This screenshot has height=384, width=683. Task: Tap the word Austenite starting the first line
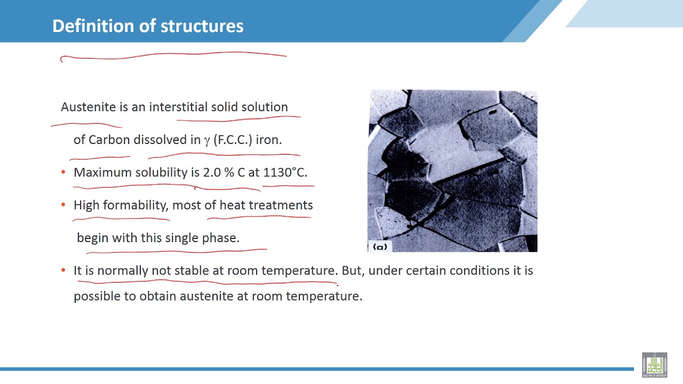point(88,107)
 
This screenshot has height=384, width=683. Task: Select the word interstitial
point(178,107)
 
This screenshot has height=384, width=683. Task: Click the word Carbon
point(109,140)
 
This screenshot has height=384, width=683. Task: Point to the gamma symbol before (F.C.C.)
point(207,141)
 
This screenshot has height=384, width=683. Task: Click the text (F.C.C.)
point(233,140)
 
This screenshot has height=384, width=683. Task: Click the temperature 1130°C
point(285,173)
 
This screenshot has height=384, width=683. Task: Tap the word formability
point(136,205)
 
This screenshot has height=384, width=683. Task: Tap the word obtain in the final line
point(157,296)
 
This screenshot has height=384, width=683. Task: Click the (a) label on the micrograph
point(380,247)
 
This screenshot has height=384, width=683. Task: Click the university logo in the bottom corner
point(654,364)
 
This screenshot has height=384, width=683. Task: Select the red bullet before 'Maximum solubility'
point(63,172)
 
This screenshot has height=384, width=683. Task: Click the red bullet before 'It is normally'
point(63,270)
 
